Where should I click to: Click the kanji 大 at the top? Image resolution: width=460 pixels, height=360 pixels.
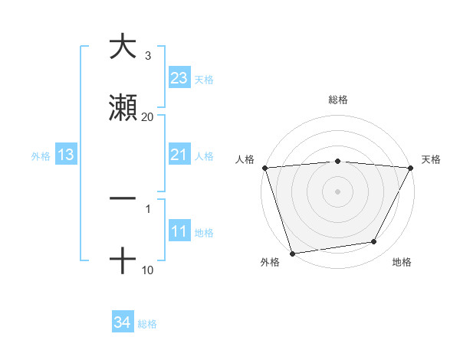pos(123,47)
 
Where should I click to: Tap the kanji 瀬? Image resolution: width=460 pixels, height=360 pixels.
pos(123,108)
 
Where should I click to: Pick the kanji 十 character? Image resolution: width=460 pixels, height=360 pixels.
pos(123,261)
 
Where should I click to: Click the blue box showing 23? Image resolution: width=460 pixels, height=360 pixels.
pos(179,78)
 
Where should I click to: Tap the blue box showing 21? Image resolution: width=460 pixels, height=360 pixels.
pos(179,155)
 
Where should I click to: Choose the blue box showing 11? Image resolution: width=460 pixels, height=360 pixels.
pos(179,232)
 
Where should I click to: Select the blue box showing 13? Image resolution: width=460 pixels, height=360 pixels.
pos(66,155)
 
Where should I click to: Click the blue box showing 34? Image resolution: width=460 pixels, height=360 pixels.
pos(123,323)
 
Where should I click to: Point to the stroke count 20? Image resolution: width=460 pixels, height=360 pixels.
pos(147,116)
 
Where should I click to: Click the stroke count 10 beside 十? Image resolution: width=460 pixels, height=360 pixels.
pos(147,270)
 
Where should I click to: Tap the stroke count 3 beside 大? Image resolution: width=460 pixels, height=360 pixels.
pos(147,56)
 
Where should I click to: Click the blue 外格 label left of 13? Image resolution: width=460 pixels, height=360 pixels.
pos(41,156)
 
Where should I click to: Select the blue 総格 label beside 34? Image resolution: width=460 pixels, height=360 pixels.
pos(147,324)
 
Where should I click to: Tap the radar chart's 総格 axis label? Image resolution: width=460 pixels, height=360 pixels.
pos(337,100)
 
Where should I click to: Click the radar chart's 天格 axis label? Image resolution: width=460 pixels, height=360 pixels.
pos(431,159)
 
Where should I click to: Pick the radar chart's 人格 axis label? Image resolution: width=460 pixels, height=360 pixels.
pos(245,159)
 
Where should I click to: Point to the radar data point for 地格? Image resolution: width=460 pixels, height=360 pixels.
pos(374,242)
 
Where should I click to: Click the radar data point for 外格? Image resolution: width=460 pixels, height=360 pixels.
pos(291,253)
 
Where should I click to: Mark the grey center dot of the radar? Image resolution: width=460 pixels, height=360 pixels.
pos(337,191)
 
